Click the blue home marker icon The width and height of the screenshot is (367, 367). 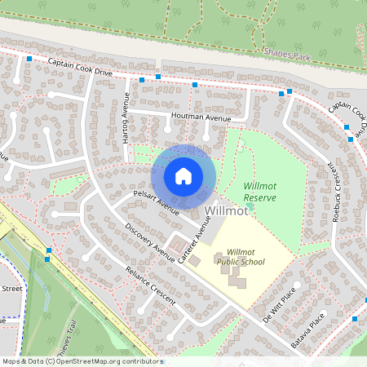pos(183,176)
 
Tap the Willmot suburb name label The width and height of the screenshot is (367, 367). pos(227,211)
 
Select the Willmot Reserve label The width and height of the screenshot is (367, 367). pos(260,192)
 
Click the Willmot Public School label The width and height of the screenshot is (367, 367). pos(245,257)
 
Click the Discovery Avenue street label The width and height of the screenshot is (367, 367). pos(148,242)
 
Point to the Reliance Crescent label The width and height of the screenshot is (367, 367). pos(150,285)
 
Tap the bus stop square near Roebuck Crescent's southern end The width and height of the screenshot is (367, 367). pos(355,318)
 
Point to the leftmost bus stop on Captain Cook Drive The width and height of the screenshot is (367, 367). pos(29,59)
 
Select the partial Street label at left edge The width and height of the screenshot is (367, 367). pos(11,288)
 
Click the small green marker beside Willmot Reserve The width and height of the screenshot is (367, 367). pos(251,206)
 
